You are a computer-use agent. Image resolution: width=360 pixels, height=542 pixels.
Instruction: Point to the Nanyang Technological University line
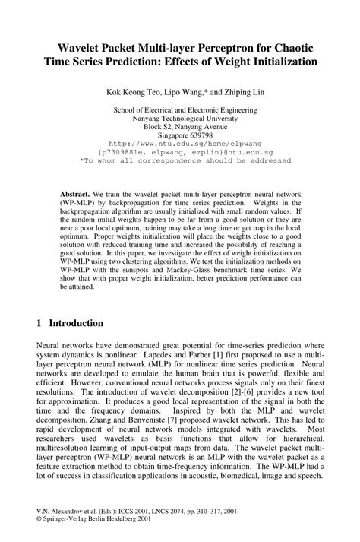[x=179, y=118]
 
